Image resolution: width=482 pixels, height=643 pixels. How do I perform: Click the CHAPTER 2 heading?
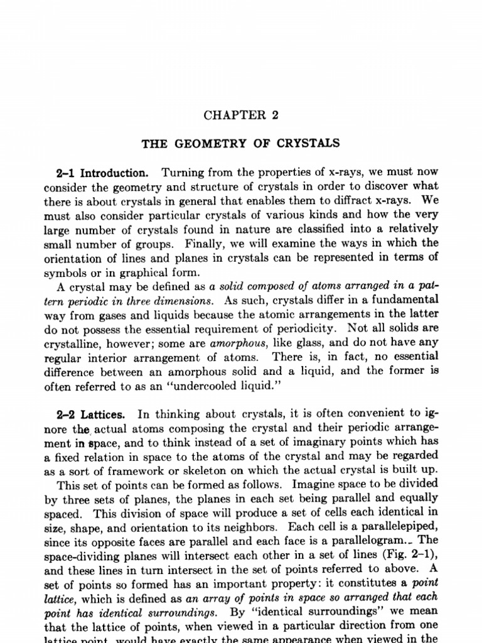tap(240, 116)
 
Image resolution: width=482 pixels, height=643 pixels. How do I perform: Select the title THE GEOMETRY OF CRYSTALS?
tap(240, 143)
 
